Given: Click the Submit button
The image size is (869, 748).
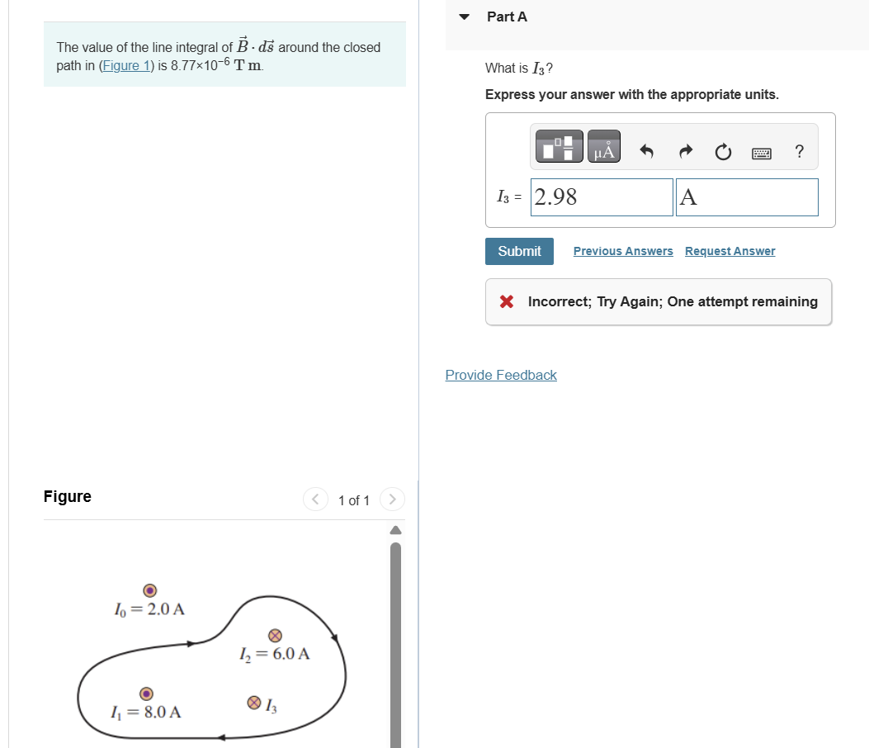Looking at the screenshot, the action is tap(519, 251).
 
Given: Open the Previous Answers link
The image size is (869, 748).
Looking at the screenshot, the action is tap(623, 251).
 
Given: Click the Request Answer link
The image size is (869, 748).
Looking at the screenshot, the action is tap(730, 251).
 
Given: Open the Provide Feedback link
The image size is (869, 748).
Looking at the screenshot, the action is tap(501, 376).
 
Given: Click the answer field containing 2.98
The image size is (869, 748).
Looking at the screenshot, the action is tap(602, 196).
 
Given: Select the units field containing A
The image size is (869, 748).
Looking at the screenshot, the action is tap(747, 196).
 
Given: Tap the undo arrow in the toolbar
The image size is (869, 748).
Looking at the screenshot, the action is tap(646, 151).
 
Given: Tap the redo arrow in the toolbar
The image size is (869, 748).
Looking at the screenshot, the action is tap(686, 151).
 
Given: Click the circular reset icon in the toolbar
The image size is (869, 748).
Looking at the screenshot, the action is tap(723, 151).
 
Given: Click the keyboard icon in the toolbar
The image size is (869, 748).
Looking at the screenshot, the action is tap(762, 153).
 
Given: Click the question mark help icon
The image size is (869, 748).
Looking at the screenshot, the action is tap(799, 151).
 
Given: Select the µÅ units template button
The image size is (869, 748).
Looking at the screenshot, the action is tap(604, 146).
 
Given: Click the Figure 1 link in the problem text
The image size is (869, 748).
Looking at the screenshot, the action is tap(126, 65).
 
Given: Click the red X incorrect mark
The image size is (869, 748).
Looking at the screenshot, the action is tap(507, 301).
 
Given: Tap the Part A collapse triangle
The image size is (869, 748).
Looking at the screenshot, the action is tap(465, 17).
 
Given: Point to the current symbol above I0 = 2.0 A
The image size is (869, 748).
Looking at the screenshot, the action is tap(149, 590).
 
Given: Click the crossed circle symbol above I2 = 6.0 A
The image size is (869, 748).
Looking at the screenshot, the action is tap(275, 636).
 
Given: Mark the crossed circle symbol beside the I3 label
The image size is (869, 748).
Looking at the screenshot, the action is tap(254, 703).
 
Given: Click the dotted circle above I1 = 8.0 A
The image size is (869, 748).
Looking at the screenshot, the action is tap(146, 694).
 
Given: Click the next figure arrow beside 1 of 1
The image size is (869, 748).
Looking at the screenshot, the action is tap(392, 499).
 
